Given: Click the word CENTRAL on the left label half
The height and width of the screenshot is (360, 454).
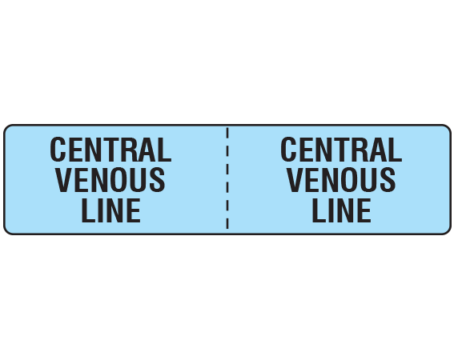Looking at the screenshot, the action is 110,150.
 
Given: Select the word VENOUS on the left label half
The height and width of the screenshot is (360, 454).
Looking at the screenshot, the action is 110,180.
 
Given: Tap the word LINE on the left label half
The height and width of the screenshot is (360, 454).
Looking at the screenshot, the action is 111,210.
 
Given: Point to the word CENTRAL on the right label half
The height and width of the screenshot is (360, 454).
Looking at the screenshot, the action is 341,150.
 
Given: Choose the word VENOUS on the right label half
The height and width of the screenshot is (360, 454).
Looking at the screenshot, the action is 341,180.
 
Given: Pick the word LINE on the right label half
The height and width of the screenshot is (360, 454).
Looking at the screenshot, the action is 342,210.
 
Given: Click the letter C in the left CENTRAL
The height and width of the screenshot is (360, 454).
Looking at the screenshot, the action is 58,150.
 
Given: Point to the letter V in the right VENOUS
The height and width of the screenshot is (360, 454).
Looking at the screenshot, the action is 295,180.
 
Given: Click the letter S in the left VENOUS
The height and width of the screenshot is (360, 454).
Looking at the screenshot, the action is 157,180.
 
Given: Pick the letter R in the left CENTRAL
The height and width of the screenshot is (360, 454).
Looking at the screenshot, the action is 130,150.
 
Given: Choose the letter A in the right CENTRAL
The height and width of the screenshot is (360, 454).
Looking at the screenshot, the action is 379,150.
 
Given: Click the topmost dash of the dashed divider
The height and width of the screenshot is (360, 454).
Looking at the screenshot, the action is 227,133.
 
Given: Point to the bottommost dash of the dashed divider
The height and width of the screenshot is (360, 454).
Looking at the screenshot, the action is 227,223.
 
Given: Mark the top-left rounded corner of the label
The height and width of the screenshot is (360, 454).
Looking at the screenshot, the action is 7,128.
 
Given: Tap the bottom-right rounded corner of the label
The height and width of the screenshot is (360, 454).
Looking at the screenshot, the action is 448,231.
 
